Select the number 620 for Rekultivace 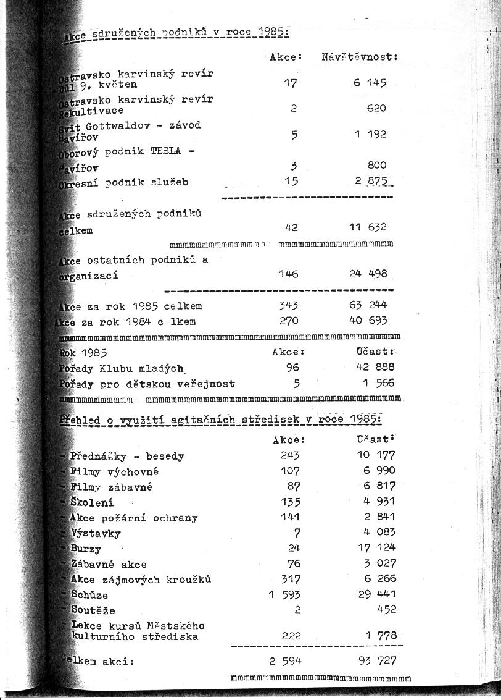point(376,108)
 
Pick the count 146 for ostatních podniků point(288,274)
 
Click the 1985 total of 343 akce point(288,305)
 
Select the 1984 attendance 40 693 point(368,321)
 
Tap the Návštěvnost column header point(360,57)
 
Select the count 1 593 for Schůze point(285,595)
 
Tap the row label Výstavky point(96,533)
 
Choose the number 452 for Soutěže point(386,610)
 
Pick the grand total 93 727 point(377,661)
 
